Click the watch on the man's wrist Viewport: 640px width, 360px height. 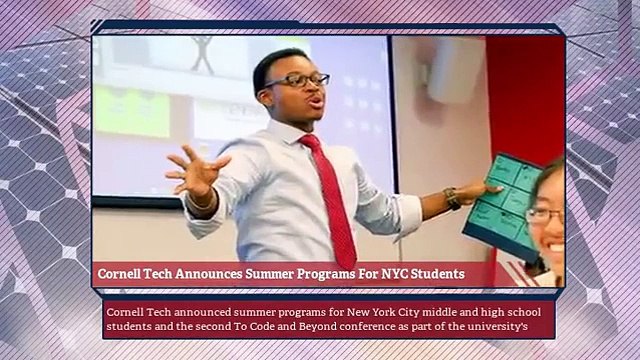click(x=453, y=198)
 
